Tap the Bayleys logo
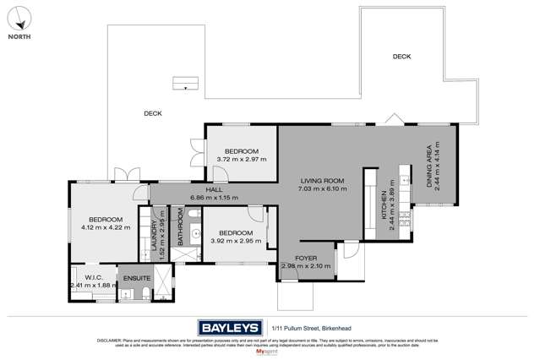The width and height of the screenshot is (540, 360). (229, 327)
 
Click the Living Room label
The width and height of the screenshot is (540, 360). (322, 180)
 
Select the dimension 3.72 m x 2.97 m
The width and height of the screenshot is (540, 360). (242, 158)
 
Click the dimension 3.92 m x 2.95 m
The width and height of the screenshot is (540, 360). (232, 240)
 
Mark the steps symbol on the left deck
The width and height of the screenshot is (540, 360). (183, 83)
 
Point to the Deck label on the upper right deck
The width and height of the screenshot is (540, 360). (401, 57)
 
